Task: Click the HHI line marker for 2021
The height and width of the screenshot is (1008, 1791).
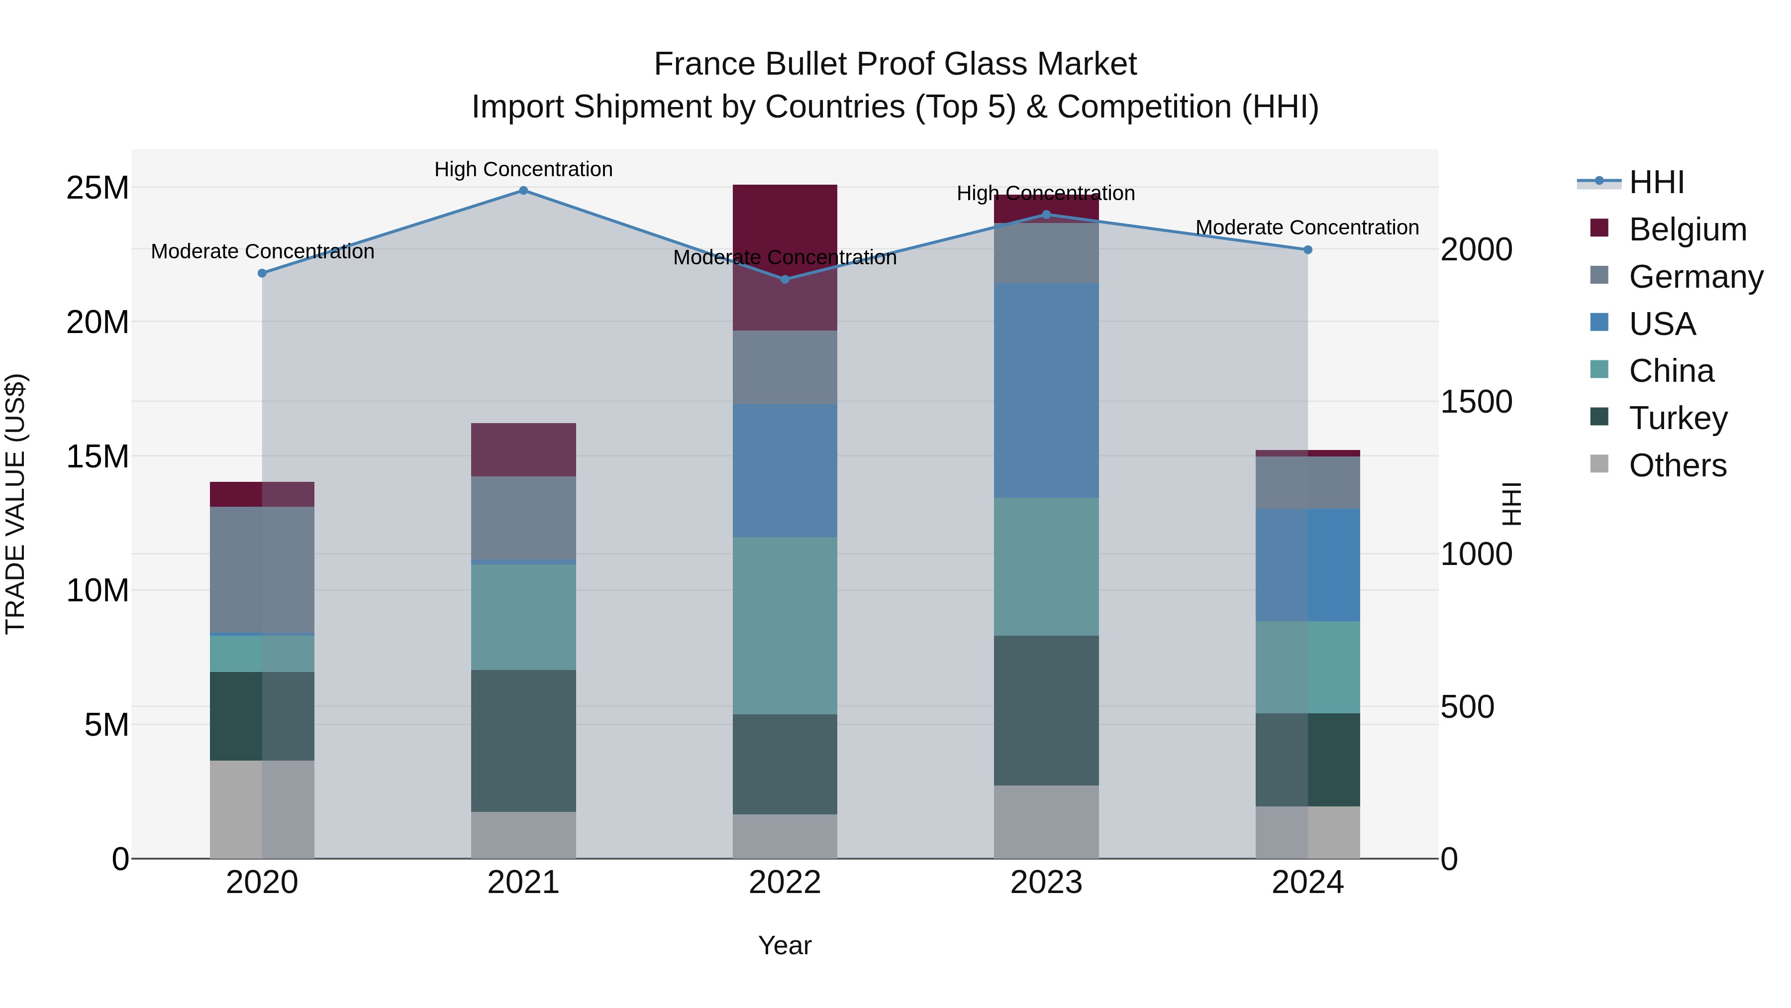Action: click(x=523, y=191)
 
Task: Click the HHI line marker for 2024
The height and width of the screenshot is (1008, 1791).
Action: click(x=1308, y=250)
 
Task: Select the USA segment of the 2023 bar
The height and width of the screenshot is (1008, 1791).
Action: click(x=1046, y=390)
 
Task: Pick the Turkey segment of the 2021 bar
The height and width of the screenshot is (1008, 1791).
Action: click(x=523, y=741)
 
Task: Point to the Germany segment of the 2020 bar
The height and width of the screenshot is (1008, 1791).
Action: click(x=262, y=570)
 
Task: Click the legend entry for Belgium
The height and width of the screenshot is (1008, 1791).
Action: click(x=1688, y=229)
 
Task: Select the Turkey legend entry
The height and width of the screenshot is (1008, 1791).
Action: click(x=1678, y=418)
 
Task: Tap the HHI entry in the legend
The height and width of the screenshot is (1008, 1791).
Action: click(x=1656, y=182)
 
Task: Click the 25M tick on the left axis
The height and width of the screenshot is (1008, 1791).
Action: click(x=98, y=188)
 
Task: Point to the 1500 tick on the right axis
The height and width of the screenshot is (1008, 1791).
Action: click(x=1476, y=402)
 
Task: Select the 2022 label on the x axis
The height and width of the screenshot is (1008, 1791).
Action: click(x=785, y=883)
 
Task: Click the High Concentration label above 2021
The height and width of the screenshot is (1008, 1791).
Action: click(x=523, y=169)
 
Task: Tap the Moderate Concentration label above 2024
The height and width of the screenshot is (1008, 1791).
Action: click(x=1307, y=227)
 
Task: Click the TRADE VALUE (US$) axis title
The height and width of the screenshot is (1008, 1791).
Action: click(x=15, y=504)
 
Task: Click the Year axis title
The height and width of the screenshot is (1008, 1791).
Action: click(x=785, y=945)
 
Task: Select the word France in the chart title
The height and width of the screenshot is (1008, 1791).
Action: click(x=704, y=64)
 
